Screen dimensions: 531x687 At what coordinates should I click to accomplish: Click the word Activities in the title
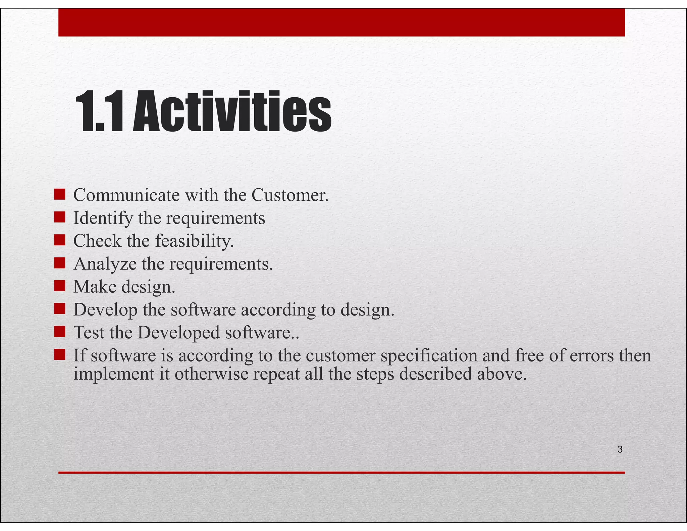pos(232,112)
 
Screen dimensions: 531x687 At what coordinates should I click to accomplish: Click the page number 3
pos(620,449)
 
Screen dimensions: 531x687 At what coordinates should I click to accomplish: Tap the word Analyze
pos(105,264)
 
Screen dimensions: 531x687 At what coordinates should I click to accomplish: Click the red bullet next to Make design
pos(59,286)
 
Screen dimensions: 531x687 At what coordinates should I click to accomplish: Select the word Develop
pos(105,310)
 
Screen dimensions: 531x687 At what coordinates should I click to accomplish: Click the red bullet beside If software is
pos(59,354)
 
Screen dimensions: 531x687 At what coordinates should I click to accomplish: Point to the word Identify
pos(103,218)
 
